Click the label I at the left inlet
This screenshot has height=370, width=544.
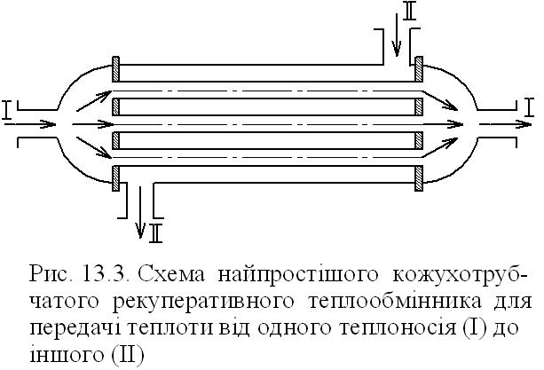(7, 111)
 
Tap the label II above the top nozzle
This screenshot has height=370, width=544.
(407, 12)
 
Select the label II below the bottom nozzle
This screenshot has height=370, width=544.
(156, 233)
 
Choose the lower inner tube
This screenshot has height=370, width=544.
(266, 139)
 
